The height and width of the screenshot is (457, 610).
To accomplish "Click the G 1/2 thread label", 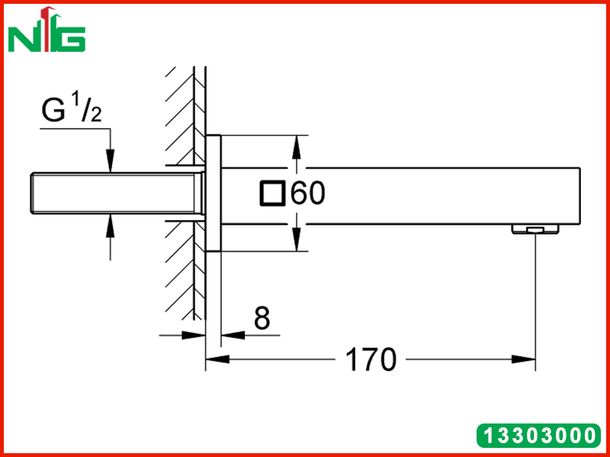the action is pyautogui.click(x=72, y=109).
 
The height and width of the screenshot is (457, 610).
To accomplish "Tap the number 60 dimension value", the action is pyautogui.click(x=308, y=193).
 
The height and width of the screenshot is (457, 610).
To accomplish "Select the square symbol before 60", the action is pyautogui.click(x=273, y=193).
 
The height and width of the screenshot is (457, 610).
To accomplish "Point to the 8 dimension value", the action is pyautogui.click(x=262, y=318).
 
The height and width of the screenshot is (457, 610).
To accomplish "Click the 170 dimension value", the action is pyautogui.click(x=371, y=360).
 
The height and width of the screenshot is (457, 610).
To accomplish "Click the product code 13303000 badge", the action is pyautogui.click(x=538, y=435).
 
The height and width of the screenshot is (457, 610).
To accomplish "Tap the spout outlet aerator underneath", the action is pyautogui.click(x=535, y=229).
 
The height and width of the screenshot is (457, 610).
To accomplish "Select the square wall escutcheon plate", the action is pyautogui.click(x=213, y=193).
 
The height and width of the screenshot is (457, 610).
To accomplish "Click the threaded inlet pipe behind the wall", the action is pyautogui.click(x=117, y=193).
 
